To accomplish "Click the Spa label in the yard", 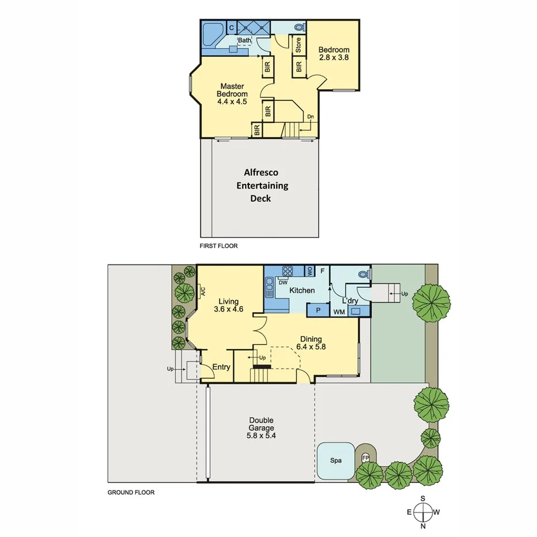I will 336,460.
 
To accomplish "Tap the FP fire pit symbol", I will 365,458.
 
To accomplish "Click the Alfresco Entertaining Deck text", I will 261,186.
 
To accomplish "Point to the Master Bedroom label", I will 232,94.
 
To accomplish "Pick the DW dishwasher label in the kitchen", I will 283,282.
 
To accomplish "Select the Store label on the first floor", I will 298,46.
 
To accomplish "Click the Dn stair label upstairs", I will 310,117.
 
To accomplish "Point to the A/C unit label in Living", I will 203,292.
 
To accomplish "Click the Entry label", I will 221,367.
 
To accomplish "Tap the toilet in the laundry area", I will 363,275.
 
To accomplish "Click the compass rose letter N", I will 423,525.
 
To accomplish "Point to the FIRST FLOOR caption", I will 219,245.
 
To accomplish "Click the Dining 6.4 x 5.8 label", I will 310,343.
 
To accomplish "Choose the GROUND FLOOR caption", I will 131,493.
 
